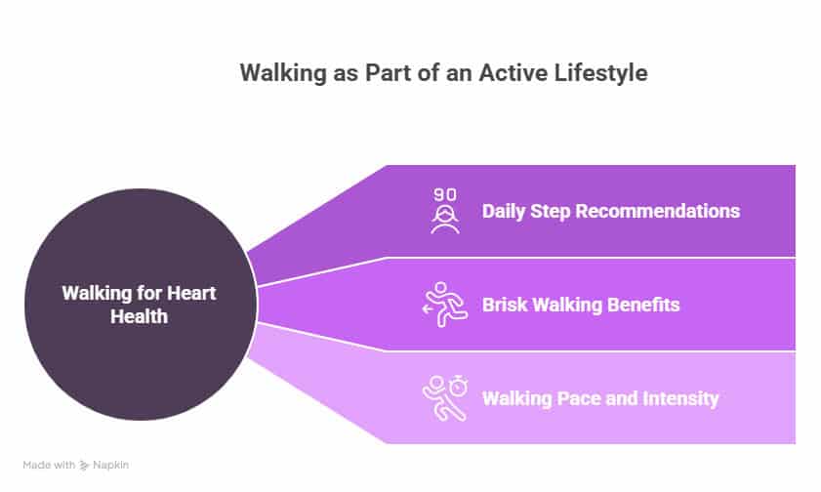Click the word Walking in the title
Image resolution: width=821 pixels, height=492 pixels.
tap(283, 73)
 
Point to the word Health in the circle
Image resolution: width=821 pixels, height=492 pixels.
tap(139, 316)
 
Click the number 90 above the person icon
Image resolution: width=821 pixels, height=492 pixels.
tap(445, 194)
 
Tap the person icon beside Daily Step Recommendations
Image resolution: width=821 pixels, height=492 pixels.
tap(445, 219)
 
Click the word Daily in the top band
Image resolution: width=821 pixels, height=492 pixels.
tap(503, 212)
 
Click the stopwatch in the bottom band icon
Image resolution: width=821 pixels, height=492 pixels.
tap(459, 386)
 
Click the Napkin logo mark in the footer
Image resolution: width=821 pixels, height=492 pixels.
tap(84, 465)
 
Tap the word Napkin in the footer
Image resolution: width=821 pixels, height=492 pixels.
tap(110, 465)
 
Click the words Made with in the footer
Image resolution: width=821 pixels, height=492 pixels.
tap(49, 465)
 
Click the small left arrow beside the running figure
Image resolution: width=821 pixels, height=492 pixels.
tap(428, 309)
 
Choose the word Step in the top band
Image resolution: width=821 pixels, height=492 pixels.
tap(550, 212)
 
